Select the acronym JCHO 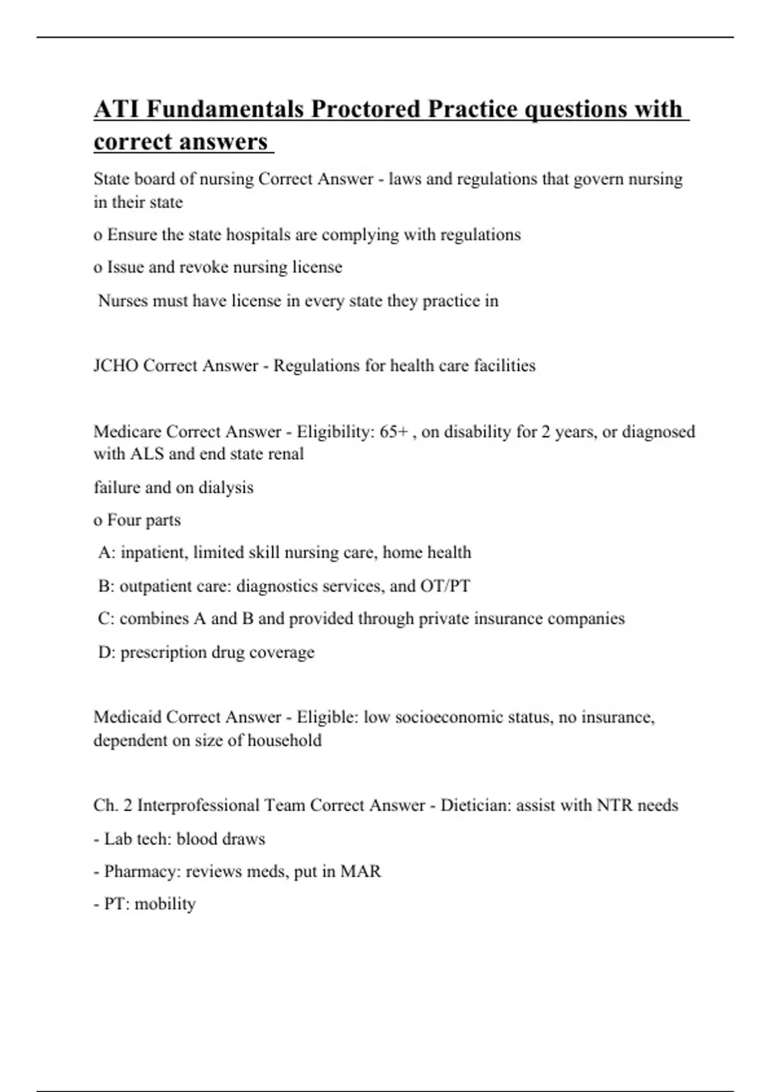[x=116, y=365]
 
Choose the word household [x=284, y=741]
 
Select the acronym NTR [x=614, y=806]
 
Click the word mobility [x=165, y=904]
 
